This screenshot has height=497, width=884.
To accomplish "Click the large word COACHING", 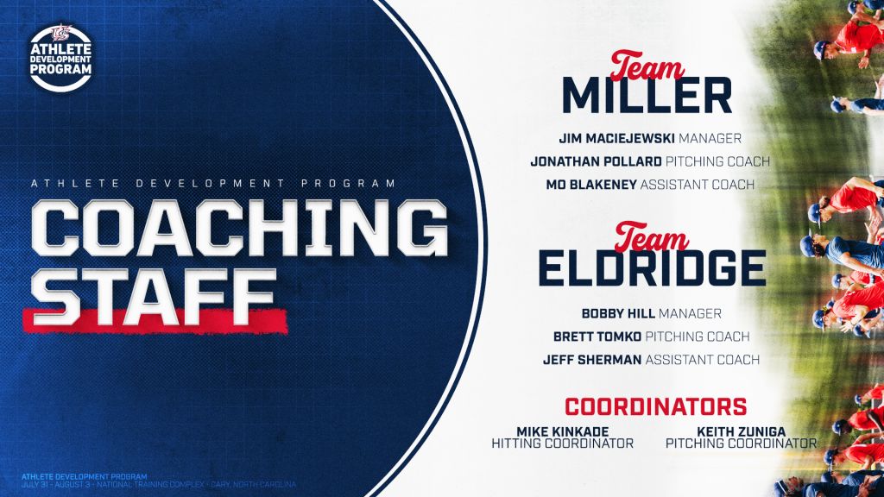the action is click(x=239, y=228).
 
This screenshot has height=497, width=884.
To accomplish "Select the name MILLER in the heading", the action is click(x=647, y=95).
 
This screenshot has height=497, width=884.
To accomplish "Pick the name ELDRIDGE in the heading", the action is click(x=653, y=268).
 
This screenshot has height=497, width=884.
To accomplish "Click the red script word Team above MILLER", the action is click(x=647, y=66).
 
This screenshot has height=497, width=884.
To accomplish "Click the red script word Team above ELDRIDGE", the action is click(x=652, y=237).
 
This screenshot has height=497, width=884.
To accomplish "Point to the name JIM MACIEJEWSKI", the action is click(x=616, y=138).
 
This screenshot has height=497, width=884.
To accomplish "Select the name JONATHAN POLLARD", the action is click(x=596, y=161).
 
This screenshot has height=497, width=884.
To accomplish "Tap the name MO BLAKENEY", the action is click(x=591, y=185).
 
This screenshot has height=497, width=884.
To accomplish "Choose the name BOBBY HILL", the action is click(x=618, y=313).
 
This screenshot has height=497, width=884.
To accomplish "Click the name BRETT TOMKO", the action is click(x=597, y=337).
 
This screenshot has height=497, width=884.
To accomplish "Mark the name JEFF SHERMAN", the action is click(x=592, y=360).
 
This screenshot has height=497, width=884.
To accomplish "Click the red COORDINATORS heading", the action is click(x=656, y=406).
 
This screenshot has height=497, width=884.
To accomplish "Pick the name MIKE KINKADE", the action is click(x=562, y=431).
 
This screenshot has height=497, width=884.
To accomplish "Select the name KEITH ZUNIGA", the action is click(x=741, y=431).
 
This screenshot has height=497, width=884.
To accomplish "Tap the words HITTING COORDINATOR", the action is click(x=562, y=444).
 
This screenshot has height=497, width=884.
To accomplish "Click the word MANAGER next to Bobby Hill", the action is click(x=690, y=313).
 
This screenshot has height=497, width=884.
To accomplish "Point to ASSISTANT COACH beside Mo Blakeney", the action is click(x=698, y=185).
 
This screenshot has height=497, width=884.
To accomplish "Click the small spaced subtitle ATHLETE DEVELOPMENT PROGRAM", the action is click(x=214, y=183).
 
